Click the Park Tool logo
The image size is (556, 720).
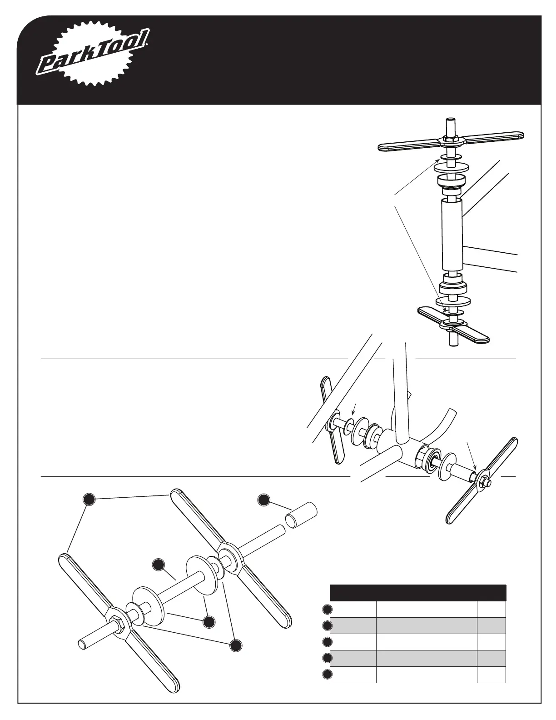tap(93, 56)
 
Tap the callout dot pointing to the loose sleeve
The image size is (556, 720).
tap(263, 499)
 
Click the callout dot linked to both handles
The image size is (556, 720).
tap(89, 499)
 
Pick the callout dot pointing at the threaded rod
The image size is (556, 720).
tap(158, 565)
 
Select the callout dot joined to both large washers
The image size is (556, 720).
tap(208, 622)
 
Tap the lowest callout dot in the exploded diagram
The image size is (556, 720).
tap(235, 645)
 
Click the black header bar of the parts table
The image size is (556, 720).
tap(418, 593)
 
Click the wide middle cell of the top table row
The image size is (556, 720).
tap(427, 609)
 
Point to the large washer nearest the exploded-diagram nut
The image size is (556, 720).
tap(148, 602)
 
